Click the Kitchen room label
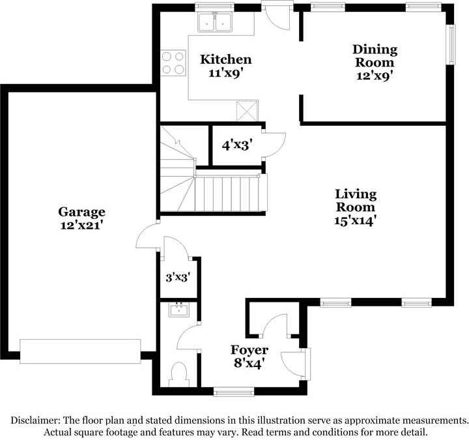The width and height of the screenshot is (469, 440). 225,59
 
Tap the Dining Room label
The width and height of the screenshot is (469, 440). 375,56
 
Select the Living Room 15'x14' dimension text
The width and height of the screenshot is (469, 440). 355,221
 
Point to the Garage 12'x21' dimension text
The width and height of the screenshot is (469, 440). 81,225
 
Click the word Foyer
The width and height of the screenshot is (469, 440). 249,350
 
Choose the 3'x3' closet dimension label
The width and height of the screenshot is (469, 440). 178,278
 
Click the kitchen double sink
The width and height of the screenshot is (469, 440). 215,22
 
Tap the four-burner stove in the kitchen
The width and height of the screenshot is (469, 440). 173,63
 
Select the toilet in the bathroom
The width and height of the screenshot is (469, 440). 179,375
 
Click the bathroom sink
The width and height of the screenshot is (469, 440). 179,310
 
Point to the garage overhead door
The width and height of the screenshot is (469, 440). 80,351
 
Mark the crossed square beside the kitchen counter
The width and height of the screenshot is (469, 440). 247,111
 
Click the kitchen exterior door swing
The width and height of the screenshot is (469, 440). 277,20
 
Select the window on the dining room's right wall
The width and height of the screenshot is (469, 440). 451,44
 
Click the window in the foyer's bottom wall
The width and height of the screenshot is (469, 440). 234,392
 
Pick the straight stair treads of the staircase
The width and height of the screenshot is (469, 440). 227,194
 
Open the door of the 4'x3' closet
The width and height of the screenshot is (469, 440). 275,145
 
